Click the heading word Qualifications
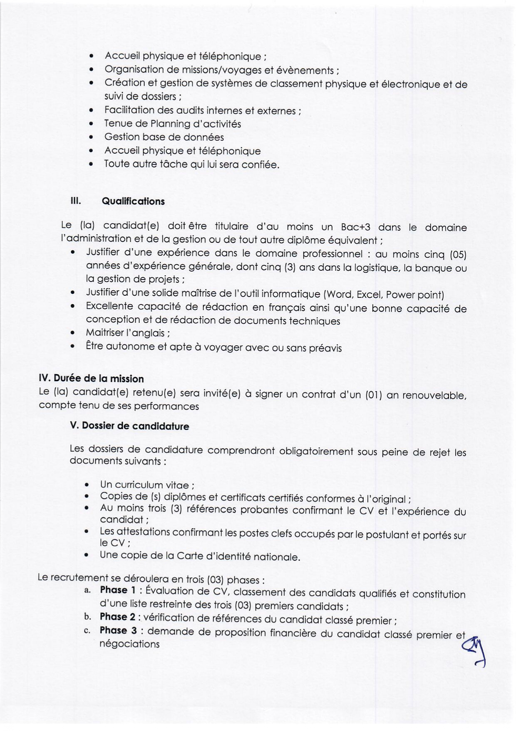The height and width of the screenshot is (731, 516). (133, 202)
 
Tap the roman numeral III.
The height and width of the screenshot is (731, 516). (75, 201)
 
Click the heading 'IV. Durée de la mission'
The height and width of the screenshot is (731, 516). (91, 379)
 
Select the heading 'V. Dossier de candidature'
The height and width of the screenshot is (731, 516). (129, 426)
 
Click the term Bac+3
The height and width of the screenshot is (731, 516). (355, 227)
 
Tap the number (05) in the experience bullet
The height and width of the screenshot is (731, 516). (458, 255)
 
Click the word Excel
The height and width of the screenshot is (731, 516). (370, 295)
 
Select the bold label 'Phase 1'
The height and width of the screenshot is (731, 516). (118, 590)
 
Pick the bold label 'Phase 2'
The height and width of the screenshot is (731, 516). (117, 617)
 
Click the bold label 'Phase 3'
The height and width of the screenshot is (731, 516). (118, 631)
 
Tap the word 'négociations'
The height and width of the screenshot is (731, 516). (129, 644)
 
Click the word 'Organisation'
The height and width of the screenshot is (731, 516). (134, 70)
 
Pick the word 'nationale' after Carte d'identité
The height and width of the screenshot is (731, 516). (276, 557)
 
